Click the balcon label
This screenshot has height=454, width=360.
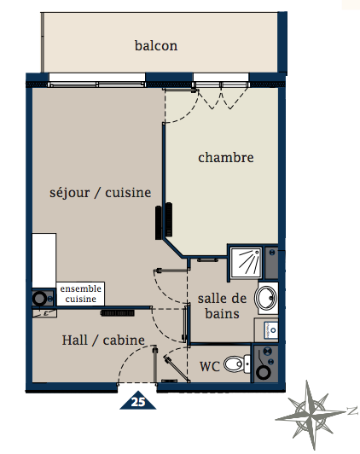click(x=156, y=46)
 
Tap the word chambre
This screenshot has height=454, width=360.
click(x=226, y=158)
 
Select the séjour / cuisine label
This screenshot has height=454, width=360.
click(x=100, y=193)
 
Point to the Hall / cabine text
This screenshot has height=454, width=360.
click(x=103, y=340)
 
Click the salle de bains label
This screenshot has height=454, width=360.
click(x=223, y=306)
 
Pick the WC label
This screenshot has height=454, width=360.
click(x=210, y=366)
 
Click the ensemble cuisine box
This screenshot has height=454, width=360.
click(x=80, y=294)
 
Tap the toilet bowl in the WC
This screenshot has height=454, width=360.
click(x=236, y=364)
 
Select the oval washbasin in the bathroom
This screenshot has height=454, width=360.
click(x=265, y=298)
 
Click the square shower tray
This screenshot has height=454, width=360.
click(x=246, y=261)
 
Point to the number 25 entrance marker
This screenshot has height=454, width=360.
click(x=138, y=400)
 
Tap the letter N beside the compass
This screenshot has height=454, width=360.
click(x=353, y=410)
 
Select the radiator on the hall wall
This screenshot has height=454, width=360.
click(x=118, y=313)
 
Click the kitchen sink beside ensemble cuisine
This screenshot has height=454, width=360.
click(x=43, y=298)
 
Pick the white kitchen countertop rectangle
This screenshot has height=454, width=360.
click(x=44, y=260)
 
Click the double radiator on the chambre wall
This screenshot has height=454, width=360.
click(x=164, y=221)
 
